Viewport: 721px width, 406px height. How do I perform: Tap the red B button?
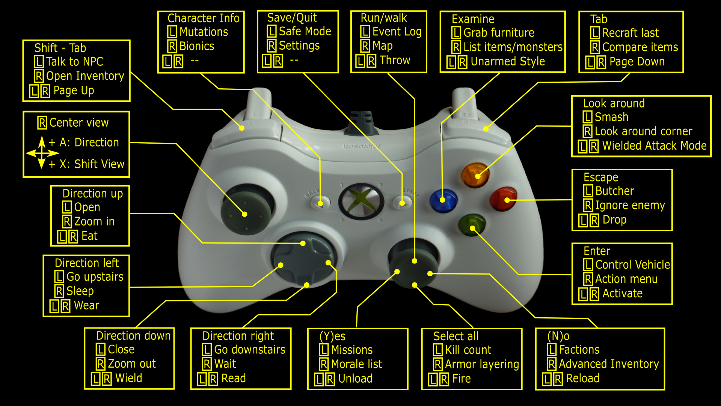pos(504,198)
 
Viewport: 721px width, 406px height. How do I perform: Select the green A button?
pos(472,225)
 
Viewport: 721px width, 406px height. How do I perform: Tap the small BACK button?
pos(320,203)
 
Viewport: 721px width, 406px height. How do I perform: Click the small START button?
pos(402,202)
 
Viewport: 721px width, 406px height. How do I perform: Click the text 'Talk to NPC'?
pos(74,61)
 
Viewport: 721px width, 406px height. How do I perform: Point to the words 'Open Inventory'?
pos(85,76)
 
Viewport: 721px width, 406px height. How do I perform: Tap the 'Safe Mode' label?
pos(305,31)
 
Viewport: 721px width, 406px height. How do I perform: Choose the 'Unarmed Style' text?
pos(508,61)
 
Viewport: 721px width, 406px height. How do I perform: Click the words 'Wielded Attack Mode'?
pos(655,145)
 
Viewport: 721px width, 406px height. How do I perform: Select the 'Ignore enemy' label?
pos(630,205)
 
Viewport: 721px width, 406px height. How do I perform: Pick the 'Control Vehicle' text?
pos(633,265)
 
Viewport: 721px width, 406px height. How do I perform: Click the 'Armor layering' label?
pos(482,364)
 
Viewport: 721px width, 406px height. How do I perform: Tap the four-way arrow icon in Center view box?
pos(42,153)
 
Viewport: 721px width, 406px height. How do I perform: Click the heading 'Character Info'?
pos(204,18)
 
